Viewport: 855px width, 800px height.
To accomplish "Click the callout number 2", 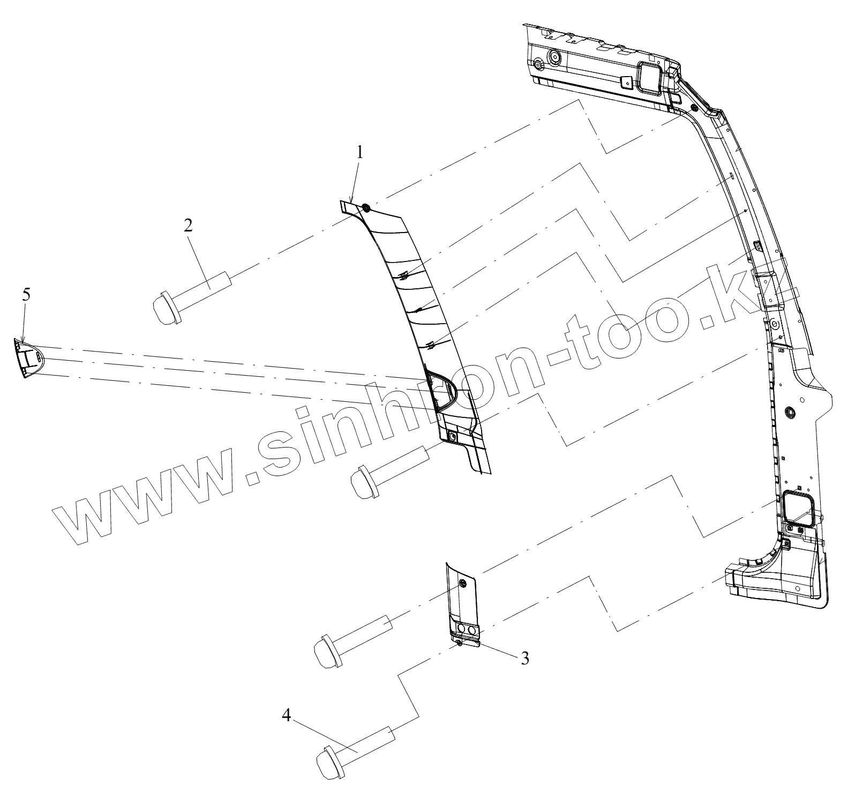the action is pyautogui.click(x=187, y=225).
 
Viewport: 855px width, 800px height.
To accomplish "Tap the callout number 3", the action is pyautogui.click(x=525, y=657).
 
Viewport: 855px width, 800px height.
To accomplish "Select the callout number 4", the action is pyautogui.click(x=287, y=715).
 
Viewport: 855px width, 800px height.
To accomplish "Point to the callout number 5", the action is pyautogui.click(x=27, y=294).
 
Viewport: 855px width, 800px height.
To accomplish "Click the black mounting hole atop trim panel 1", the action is pyautogui.click(x=366, y=208).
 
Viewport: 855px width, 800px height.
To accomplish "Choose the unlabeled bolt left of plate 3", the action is pyautogui.click(x=327, y=651).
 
